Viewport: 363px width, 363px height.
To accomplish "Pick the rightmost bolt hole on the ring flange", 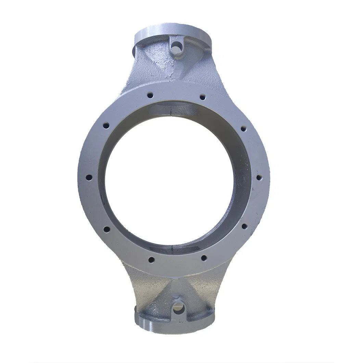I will tap(259, 177).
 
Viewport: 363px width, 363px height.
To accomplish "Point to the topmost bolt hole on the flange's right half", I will tap(202, 97).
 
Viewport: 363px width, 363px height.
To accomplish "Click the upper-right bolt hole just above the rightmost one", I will tap(243, 129).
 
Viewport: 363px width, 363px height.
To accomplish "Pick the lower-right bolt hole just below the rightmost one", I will tap(244, 226).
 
